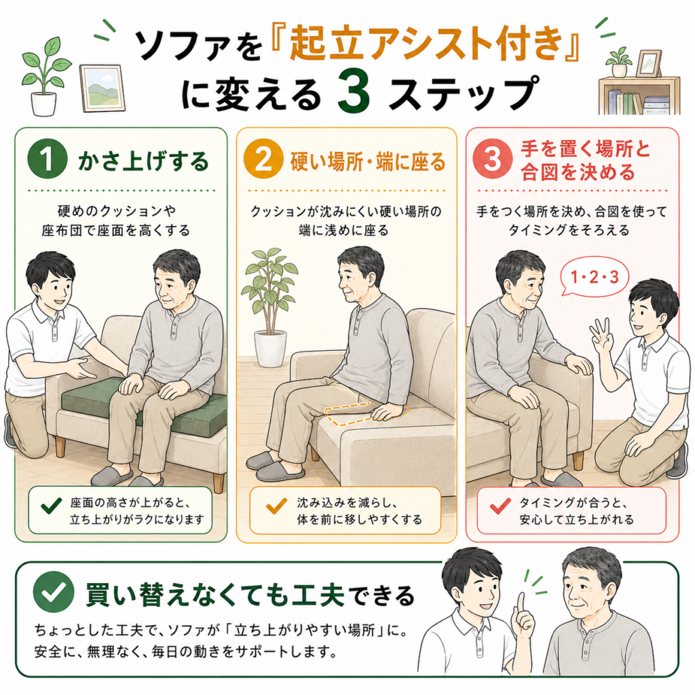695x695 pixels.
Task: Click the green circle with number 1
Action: pyautogui.click(x=48, y=159)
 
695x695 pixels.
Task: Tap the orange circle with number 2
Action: pyautogui.click(x=263, y=159)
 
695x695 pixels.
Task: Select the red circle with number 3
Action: pyautogui.click(x=493, y=159)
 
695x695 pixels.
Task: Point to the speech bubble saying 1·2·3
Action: pyautogui.click(x=594, y=277)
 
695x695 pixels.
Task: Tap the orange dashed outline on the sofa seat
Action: pyautogui.click(x=367, y=412)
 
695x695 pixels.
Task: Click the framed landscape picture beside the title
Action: pyautogui.click(x=102, y=88)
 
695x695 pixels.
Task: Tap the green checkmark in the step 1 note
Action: pyautogui.click(x=51, y=506)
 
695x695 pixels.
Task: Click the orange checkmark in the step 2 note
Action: pyautogui.click(x=277, y=506)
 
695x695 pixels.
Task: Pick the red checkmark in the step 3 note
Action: pyautogui.click(x=500, y=506)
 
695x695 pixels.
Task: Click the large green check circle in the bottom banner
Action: pyautogui.click(x=54, y=592)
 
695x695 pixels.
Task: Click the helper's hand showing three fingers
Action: pyautogui.click(x=602, y=337)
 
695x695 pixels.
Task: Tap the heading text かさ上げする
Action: pyautogui.click(x=143, y=160)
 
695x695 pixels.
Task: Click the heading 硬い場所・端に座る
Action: pyautogui.click(x=368, y=161)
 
